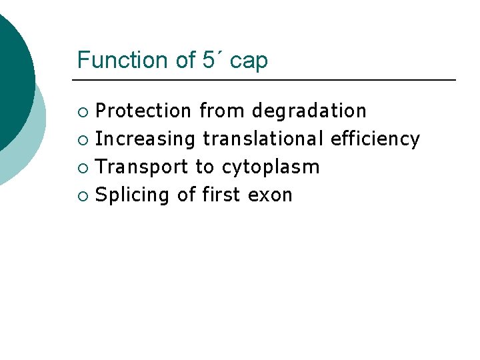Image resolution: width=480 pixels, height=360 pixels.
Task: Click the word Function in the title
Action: tap(122, 60)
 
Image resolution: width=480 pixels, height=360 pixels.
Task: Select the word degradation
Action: tap(309, 111)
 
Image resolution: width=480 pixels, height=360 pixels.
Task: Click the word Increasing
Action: tap(145, 139)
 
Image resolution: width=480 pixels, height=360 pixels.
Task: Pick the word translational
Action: tap(263, 139)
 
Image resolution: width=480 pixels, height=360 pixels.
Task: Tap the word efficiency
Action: tap(375, 139)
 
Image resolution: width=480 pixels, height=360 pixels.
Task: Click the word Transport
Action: tap(141, 167)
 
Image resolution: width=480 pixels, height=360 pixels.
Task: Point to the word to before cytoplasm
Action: tap(204, 167)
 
